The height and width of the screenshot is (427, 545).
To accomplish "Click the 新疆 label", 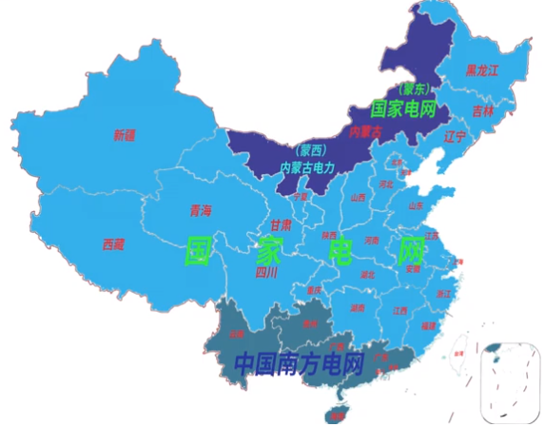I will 124,135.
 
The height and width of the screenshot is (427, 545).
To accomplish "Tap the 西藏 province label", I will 113,243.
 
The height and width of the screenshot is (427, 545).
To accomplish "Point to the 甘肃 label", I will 281,225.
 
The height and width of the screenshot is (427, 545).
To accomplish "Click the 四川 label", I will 266,272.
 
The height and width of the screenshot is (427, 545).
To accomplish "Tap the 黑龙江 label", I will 482,70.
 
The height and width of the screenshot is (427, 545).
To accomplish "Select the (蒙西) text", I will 311,150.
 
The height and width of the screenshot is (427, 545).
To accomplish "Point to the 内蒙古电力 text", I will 306,167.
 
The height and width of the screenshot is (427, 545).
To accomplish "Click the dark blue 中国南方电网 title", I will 300,362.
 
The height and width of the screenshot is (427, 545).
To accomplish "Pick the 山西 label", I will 358,198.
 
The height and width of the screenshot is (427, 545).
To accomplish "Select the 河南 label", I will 372,241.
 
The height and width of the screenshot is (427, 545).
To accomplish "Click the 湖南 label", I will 358,308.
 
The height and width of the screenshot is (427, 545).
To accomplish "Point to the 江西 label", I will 400,311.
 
